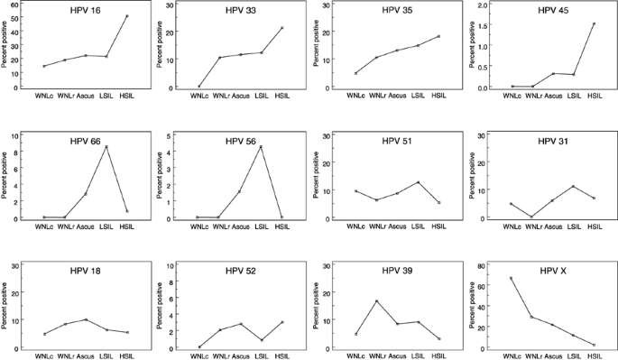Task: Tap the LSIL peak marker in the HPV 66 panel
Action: [x=106, y=147]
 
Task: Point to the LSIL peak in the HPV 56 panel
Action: [x=260, y=147]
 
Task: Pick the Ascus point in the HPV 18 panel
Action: [x=86, y=319]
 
